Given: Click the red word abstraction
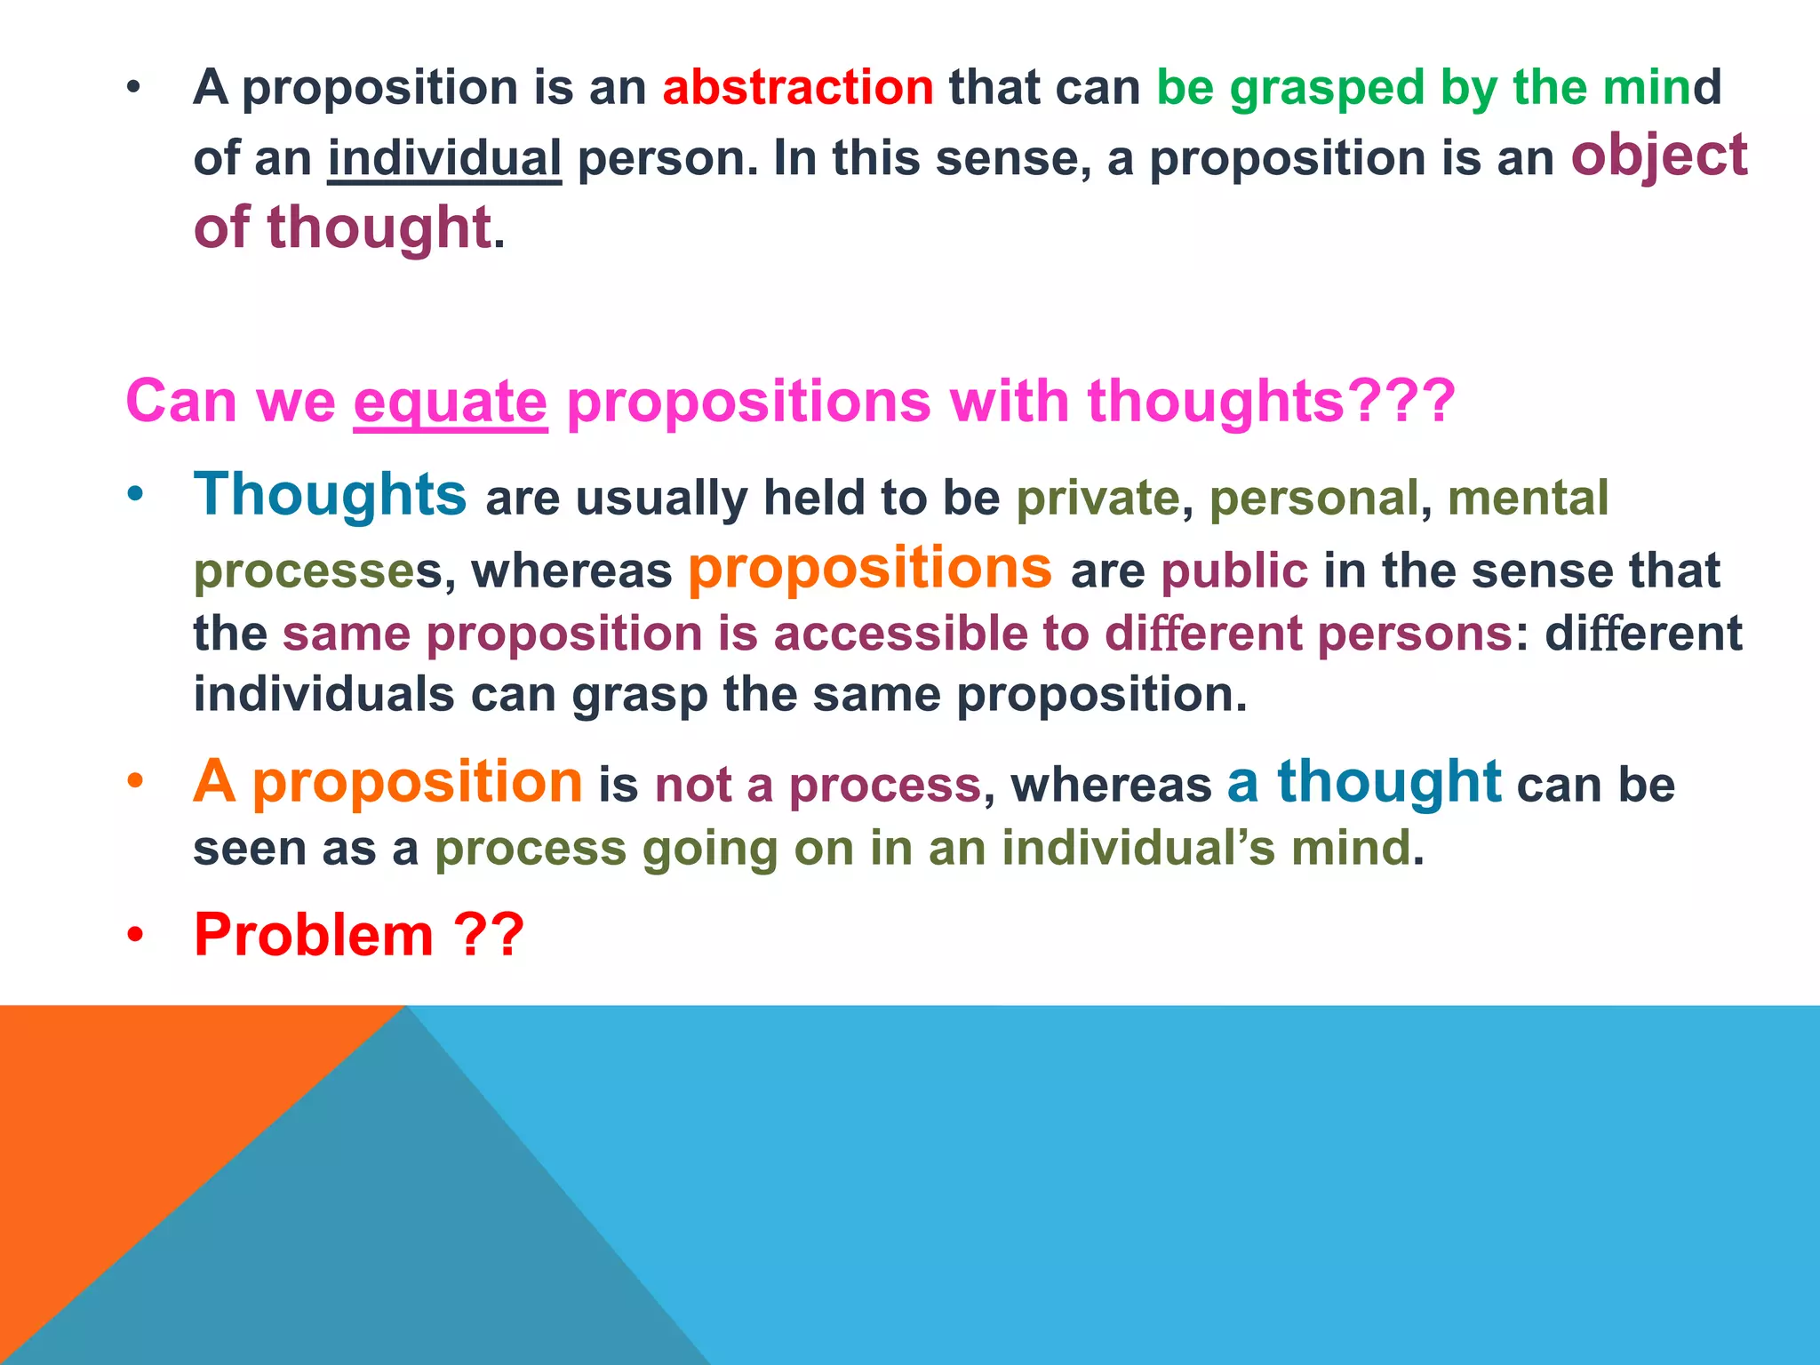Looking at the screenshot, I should [x=797, y=87].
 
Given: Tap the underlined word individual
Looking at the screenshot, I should [x=444, y=158].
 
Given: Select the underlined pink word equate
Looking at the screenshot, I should [x=450, y=402].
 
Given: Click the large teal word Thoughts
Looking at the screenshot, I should [x=330, y=494].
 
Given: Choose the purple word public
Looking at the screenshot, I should [x=1234, y=571].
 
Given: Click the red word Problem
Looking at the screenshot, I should [x=313, y=935].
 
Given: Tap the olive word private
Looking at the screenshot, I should [x=1098, y=498].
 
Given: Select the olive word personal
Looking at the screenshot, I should [x=1313, y=498].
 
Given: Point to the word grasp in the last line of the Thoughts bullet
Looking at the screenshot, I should [x=640, y=694].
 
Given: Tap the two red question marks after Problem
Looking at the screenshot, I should [x=489, y=935].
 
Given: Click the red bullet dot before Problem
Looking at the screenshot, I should [x=134, y=936].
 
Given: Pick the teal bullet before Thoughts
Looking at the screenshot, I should [x=134, y=494].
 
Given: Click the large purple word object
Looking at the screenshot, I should [x=1658, y=156].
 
